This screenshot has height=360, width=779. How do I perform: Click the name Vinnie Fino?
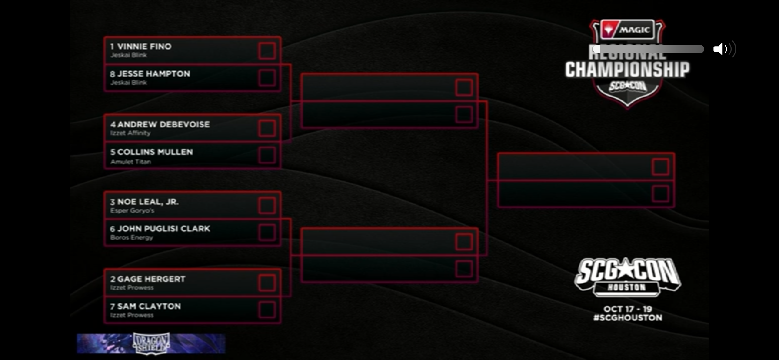[144, 46]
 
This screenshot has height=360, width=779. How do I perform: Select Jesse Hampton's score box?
[267, 78]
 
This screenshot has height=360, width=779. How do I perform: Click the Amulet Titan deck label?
[130, 162]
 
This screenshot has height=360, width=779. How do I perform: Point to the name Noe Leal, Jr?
[147, 202]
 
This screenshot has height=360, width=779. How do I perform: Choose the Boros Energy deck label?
[131, 237]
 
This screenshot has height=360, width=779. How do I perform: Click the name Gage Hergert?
[151, 279]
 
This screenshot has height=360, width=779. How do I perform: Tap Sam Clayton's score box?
[267, 310]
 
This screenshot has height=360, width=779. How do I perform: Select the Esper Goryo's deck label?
[132, 210]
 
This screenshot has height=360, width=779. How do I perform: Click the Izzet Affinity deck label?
[130, 133]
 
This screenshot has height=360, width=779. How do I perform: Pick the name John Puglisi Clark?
[163, 229]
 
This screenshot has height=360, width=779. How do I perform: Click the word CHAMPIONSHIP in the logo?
[627, 70]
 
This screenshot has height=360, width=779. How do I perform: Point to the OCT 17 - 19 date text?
[627, 309]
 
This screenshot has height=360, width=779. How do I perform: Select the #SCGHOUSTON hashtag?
[627, 318]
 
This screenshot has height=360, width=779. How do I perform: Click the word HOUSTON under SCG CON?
[626, 287]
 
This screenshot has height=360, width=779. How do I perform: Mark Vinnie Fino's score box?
[267, 50]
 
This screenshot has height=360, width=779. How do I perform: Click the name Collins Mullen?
[155, 152]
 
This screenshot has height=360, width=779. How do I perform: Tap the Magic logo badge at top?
[627, 30]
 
